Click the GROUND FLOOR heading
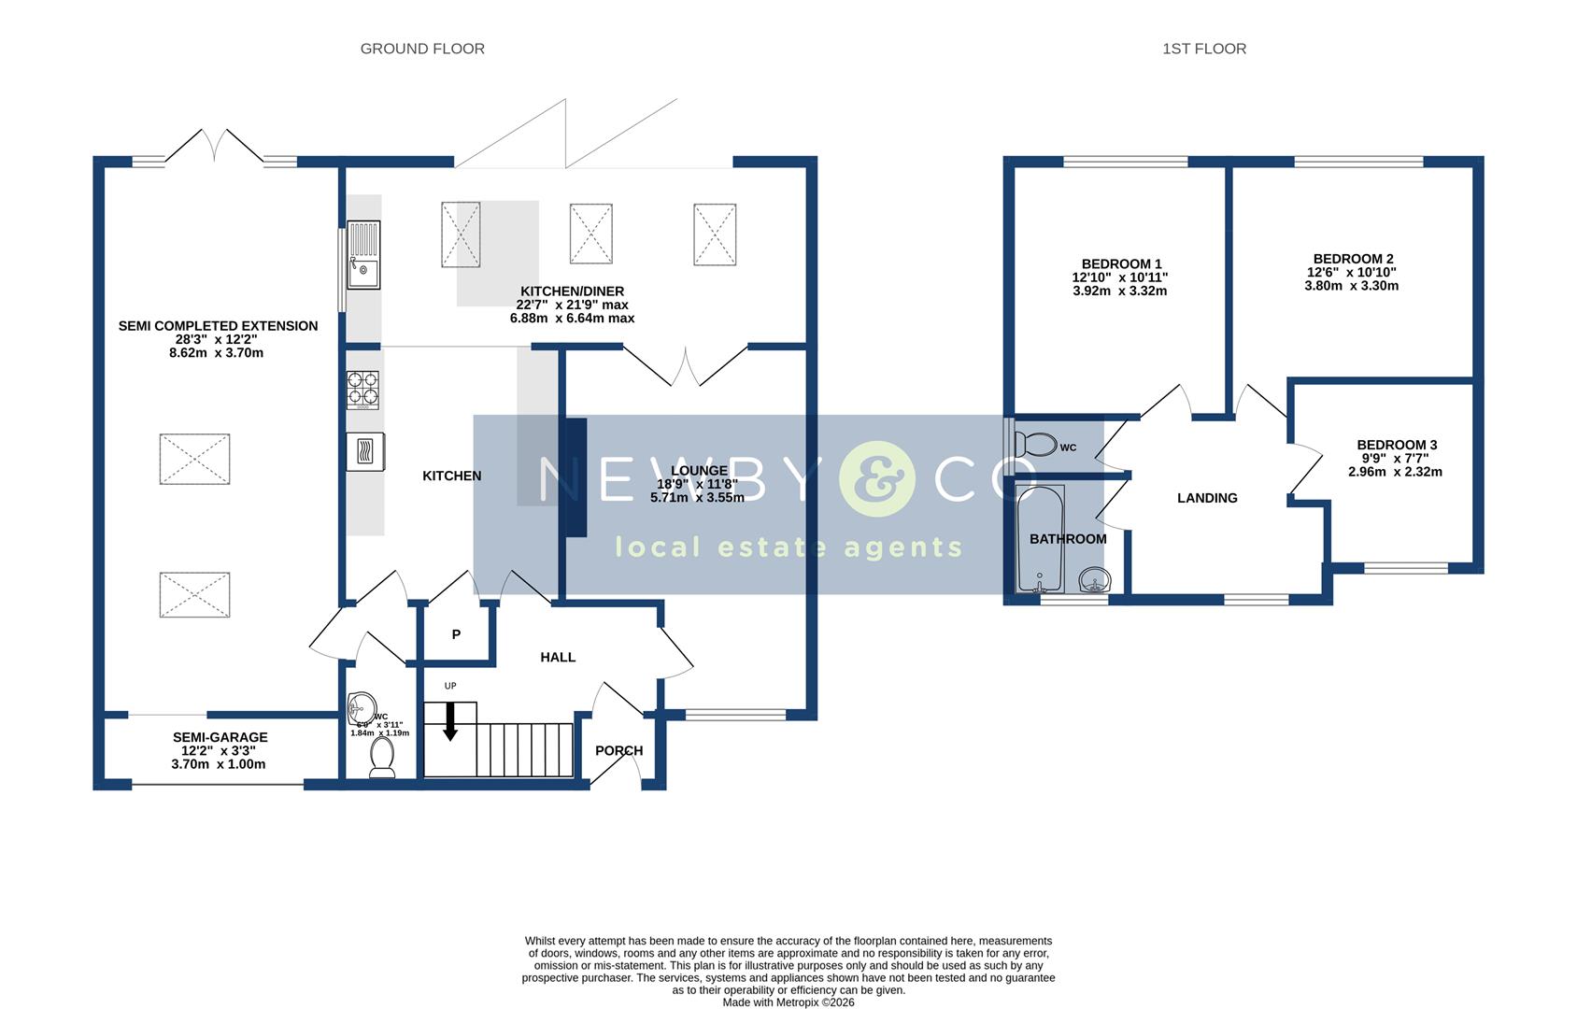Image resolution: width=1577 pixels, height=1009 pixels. tap(422, 49)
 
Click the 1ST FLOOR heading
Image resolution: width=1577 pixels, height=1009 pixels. tap(1203, 49)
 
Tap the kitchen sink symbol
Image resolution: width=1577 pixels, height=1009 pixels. tap(364, 255)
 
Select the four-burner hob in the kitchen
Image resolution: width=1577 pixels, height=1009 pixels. tap(363, 391)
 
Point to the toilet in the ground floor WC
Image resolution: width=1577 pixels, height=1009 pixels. tap(382, 758)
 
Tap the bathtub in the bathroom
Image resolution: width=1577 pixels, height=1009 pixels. tap(1040, 539)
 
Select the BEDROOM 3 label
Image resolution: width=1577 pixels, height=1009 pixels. tap(1397, 445)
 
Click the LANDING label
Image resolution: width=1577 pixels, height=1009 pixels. tap(1207, 498)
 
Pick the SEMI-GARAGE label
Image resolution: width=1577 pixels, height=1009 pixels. tap(220, 737)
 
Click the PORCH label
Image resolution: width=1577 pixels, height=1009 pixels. tap(618, 750)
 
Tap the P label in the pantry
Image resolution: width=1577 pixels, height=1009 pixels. tap(456, 634)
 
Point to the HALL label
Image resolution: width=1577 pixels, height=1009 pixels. tap(558, 657)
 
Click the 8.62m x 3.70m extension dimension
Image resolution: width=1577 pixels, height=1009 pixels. tap(218, 353)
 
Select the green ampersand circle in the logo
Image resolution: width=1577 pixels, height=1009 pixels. tap(875, 479)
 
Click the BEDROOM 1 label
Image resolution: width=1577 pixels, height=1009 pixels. tap(1121, 264)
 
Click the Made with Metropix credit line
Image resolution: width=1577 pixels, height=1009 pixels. tap(788, 1002)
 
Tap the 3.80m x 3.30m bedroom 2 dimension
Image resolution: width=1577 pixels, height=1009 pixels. tap(1351, 286)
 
